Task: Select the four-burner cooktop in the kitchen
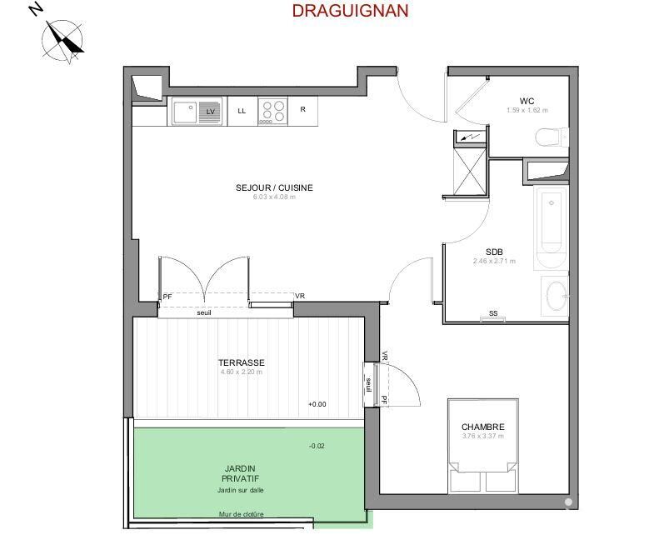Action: tap(272, 111)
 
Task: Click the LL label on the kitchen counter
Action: tap(242, 110)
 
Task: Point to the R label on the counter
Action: tap(303, 109)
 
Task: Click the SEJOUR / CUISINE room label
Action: tap(274, 187)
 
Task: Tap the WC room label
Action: tap(527, 101)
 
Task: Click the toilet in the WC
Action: tap(552, 137)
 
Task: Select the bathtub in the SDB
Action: tap(551, 220)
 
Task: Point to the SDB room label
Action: tap(494, 252)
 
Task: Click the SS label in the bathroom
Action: tap(493, 313)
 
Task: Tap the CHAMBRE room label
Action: tap(482, 427)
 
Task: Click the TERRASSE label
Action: tap(242, 362)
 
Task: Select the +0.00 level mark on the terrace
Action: tap(317, 404)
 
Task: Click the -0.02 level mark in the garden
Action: tap(317, 446)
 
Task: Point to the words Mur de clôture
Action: tap(241, 514)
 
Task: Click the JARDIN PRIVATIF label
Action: tap(240, 473)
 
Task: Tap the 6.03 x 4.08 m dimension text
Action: tap(274, 197)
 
